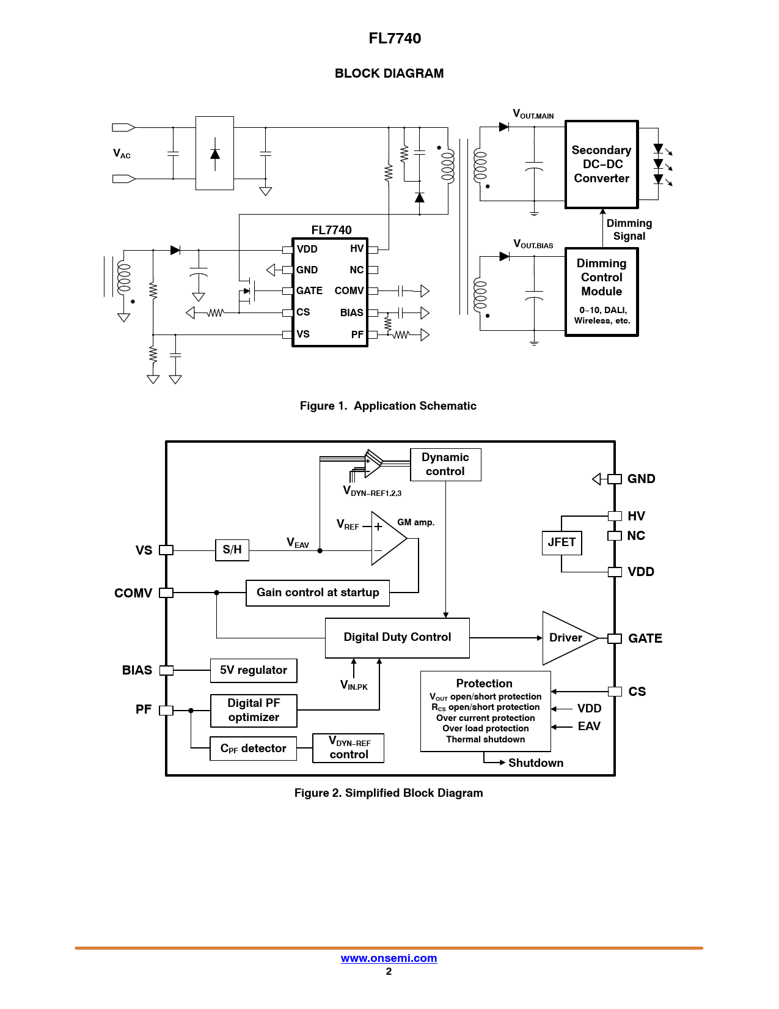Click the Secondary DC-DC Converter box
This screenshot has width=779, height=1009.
tap(601, 164)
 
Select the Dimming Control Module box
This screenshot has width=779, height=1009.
tap(601, 292)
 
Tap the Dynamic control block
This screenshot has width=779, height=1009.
tap(445, 465)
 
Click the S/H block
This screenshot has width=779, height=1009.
tap(232, 550)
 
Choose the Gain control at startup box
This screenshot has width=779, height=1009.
tap(317, 593)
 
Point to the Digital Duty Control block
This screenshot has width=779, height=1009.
tap(397, 638)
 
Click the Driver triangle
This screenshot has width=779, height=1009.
tap(565, 638)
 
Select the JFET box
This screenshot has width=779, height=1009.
tap(561, 542)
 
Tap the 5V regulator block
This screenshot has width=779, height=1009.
tap(254, 670)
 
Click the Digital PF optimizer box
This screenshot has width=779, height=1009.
tap(254, 711)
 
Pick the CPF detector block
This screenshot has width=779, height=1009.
tap(253, 748)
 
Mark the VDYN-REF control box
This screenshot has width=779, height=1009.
tap(348, 748)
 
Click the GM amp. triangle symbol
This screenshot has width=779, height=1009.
tap(386, 539)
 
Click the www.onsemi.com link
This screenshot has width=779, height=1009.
tap(389, 958)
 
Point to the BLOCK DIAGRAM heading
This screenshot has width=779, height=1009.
tap(389, 73)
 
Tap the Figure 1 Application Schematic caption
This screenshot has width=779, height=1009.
tap(388, 406)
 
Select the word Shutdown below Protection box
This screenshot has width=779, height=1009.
tap(536, 763)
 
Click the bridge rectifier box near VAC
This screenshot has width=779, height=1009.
tap(214, 153)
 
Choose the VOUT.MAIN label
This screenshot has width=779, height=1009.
tap(533, 114)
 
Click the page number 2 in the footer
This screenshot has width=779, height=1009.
tap(389, 972)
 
